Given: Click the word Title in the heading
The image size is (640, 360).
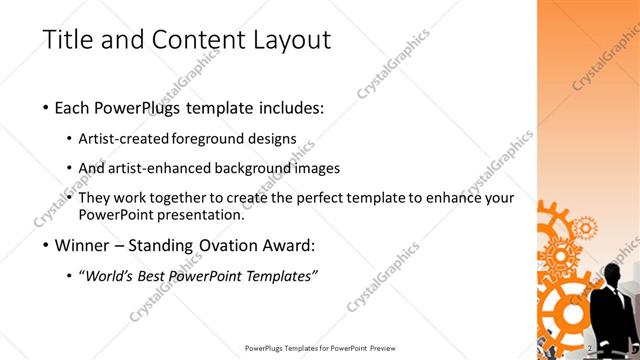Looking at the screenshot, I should [67, 40].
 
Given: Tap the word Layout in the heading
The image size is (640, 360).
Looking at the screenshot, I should [284, 40].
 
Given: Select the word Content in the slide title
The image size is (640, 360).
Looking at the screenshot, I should [190, 40].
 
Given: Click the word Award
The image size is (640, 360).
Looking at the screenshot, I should [291, 245].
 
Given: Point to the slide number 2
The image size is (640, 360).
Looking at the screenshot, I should [591, 348].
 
